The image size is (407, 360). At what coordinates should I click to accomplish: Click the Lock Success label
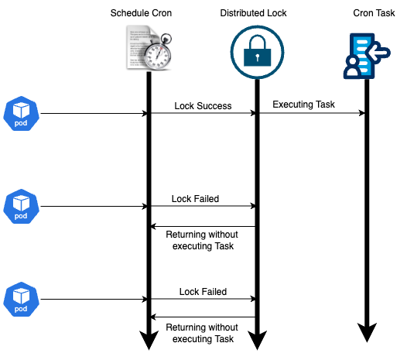[202, 106]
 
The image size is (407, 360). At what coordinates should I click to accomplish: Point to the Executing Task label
[303, 105]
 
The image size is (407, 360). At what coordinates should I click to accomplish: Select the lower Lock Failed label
[203, 292]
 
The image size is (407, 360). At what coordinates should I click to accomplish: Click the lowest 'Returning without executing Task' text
[201, 333]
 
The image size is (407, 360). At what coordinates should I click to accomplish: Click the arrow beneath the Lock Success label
[202, 114]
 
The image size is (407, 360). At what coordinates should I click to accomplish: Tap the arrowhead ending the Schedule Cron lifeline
[148, 339]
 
